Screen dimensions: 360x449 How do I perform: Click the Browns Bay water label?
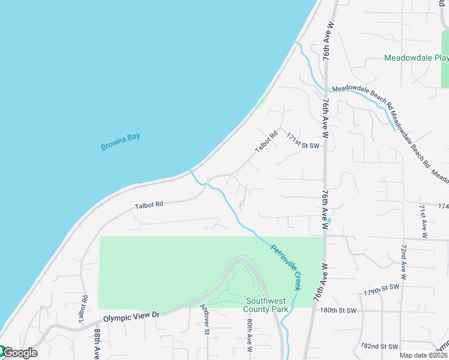[120, 142]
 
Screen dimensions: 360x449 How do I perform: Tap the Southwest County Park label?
[267, 305]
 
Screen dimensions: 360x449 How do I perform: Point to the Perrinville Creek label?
[285, 267]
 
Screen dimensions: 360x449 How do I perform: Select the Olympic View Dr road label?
[131, 316]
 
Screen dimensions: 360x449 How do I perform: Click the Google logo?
[19, 353]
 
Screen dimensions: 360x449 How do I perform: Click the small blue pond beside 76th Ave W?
[329, 221]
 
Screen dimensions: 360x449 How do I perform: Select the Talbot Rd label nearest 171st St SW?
[267, 141]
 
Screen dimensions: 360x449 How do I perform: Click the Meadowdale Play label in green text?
[417, 58]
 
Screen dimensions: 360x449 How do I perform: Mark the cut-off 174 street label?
[443, 206]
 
